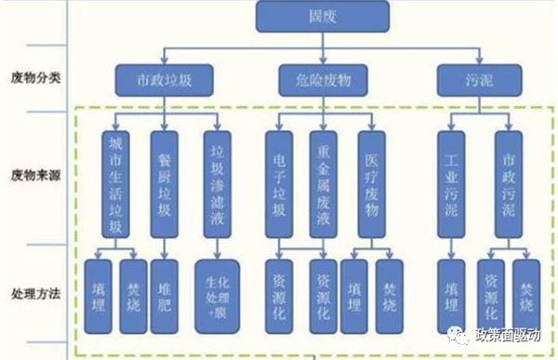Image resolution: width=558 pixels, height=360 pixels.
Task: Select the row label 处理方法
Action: coord(38,292)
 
